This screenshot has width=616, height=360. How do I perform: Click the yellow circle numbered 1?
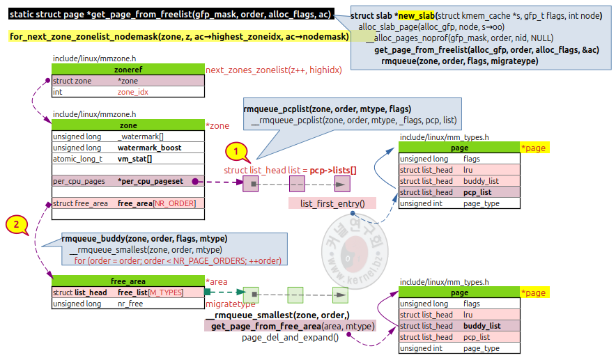pos(236,150)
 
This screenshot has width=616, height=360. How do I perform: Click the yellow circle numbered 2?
pos(17,224)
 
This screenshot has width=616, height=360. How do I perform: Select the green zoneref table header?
pos(128,70)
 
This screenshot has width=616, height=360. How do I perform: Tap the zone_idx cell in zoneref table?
pos(132,92)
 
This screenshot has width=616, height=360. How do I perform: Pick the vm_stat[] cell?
pos(134,159)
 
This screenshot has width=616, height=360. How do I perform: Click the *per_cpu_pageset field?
pos(150,181)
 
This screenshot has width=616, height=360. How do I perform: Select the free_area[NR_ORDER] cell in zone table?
pos(156,203)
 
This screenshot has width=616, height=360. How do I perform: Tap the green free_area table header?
pos(128,281)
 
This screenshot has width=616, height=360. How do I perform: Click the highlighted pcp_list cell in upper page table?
pos(477,192)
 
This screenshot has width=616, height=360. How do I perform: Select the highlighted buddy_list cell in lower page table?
pos(482,326)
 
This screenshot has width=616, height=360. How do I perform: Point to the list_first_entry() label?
pos(333,203)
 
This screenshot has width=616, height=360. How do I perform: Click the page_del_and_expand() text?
pos(291,338)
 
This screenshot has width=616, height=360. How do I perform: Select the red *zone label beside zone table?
pos(217,125)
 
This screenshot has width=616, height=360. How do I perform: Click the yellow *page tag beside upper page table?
pos(534,148)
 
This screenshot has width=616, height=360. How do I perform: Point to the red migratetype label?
pos(231,304)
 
